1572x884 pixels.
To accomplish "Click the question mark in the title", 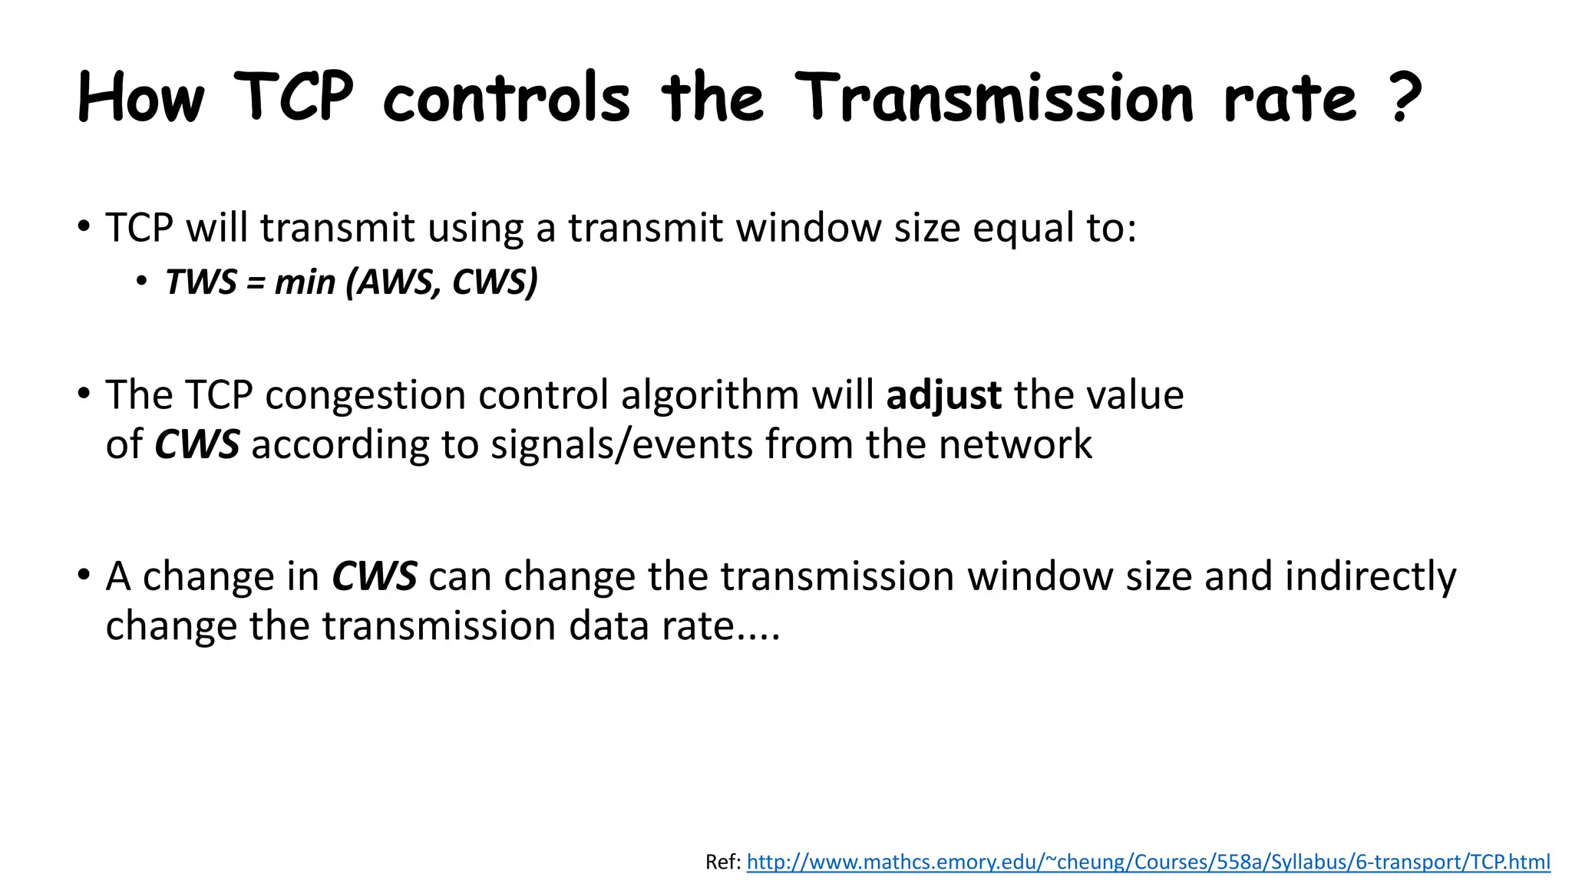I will coord(1405,98).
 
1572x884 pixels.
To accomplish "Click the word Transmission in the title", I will coord(994,98).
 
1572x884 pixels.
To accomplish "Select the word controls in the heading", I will coord(506,98).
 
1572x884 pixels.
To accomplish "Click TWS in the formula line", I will coord(201,282).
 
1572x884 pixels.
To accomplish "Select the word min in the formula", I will coord(305,282).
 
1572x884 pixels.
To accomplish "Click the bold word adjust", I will coord(943,396).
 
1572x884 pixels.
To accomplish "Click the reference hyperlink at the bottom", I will coord(1148,863).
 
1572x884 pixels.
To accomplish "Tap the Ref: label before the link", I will coord(723,863).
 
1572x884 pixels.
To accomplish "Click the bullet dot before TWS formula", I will coord(141,282).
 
